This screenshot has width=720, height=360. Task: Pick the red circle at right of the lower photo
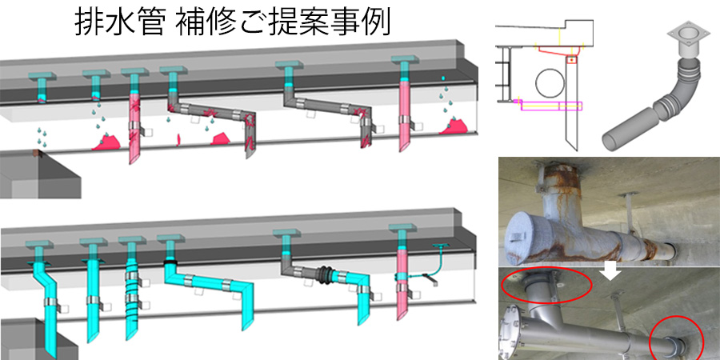(676, 339)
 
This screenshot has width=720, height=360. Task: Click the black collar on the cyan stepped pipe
(170, 261)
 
